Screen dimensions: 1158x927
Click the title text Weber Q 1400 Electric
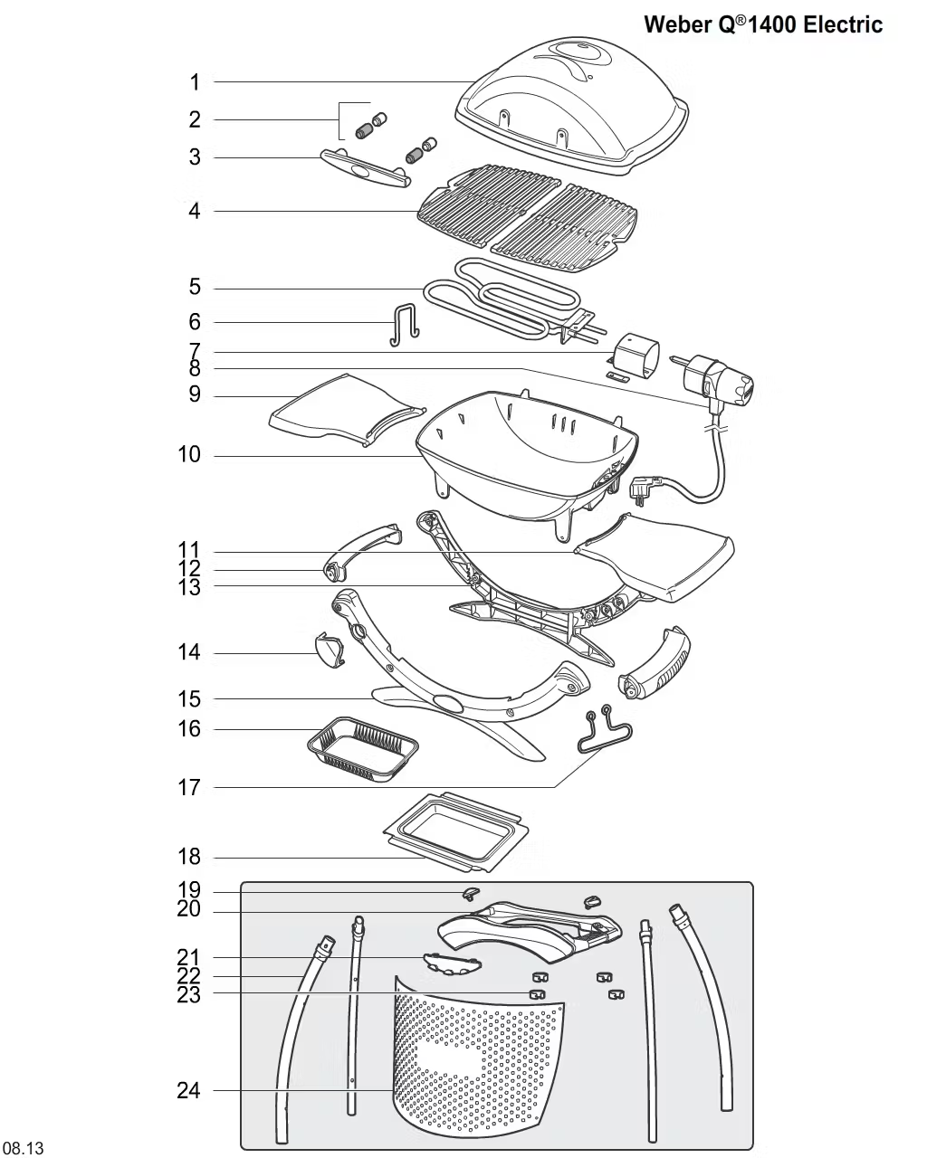(x=762, y=24)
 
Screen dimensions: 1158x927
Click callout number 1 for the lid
(x=194, y=82)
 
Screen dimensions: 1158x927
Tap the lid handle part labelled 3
(x=365, y=169)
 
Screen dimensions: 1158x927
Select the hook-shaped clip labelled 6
(x=404, y=323)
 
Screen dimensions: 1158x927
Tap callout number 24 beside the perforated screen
(x=188, y=1090)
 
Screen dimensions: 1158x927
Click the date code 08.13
(x=23, y=1149)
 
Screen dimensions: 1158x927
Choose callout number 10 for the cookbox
(x=189, y=454)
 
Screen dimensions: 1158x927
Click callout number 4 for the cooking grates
(x=194, y=212)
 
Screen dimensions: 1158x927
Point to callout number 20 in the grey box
(x=188, y=910)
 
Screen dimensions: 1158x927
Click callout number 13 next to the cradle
(x=189, y=586)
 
